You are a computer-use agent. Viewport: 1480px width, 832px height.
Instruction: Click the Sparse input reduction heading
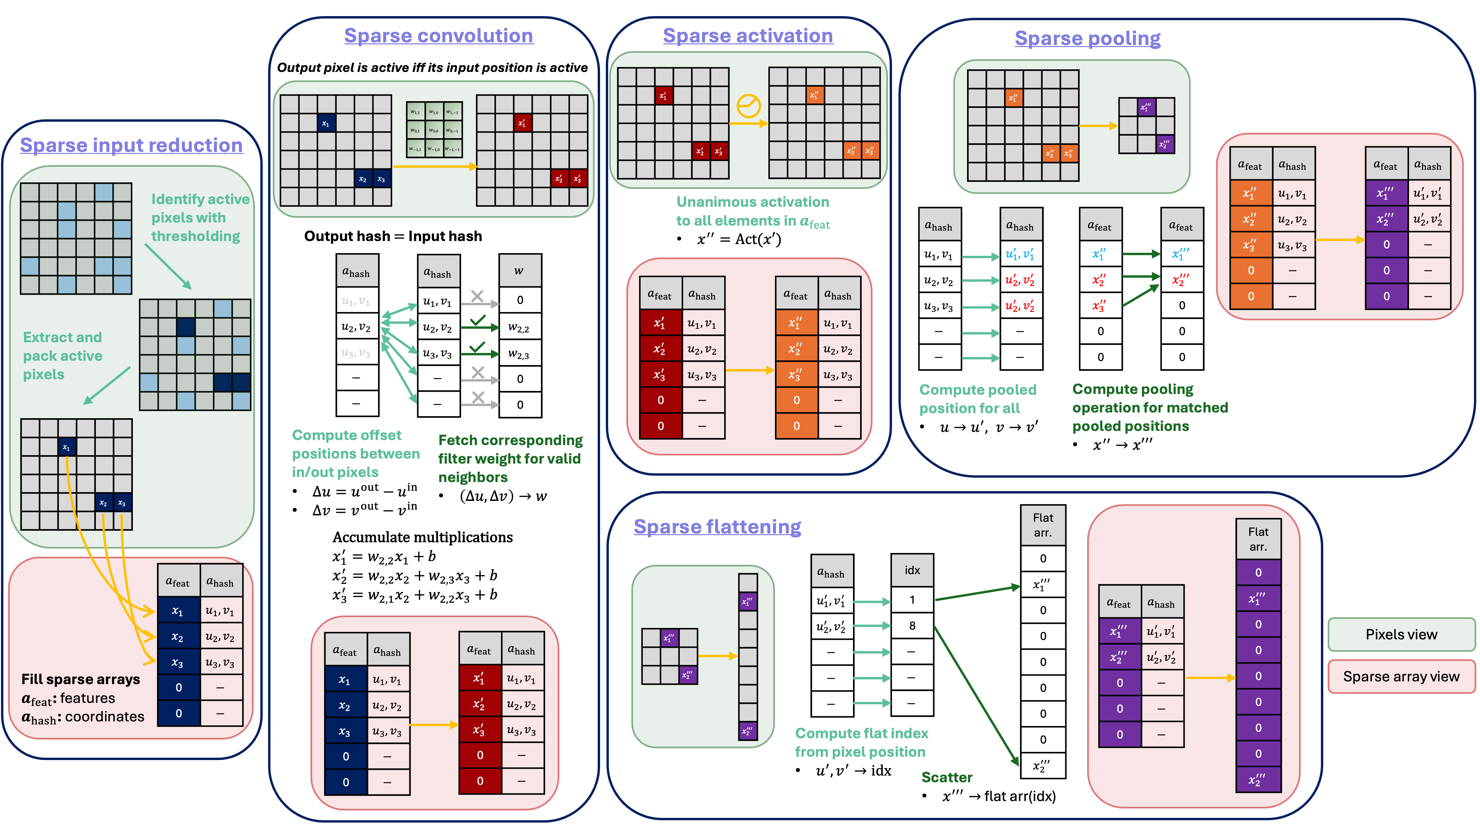pyautogui.click(x=131, y=145)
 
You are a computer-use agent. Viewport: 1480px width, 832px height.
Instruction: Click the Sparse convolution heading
pyautogui.click(x=438, y=36)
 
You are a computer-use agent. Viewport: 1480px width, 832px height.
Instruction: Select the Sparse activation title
pyautogui.click(x=747, y=36)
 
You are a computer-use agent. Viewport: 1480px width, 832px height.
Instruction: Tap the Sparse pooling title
pyautogui.click(x=1087, y=38)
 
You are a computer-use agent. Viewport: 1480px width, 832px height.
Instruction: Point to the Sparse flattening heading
pyautogui.click(x=717, y=526)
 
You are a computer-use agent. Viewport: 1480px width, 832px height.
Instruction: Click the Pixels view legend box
pyautogui.click(x=1401, y=634)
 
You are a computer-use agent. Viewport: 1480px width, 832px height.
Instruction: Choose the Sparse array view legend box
pyautogui.click(x=1401, y=676)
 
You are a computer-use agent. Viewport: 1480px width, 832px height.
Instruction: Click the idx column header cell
pyautogui.click(x=912, y=570)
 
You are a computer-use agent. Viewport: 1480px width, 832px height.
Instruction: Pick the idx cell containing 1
pyautogui.click(x=912, y=600)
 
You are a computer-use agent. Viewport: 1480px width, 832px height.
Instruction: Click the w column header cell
pyautogui.click(x=519, y=271)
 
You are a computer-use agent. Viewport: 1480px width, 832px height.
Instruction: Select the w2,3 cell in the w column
pyautogui.click(x=519, y=354)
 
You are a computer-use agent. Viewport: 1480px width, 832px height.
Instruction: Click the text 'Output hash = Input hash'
pyautogui.click(x=393, y=236)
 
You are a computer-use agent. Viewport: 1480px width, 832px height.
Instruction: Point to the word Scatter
pyautogui.click(x=947, y=778)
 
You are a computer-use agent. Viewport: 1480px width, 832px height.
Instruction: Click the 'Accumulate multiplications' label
pyautogui.click(x=422, y=538)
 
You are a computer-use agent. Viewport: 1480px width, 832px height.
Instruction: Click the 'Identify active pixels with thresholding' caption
pyautogui.click(x=199, y=217)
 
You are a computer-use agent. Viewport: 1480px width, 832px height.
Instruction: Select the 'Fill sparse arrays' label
pyautogui.click(x=80, y=679)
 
